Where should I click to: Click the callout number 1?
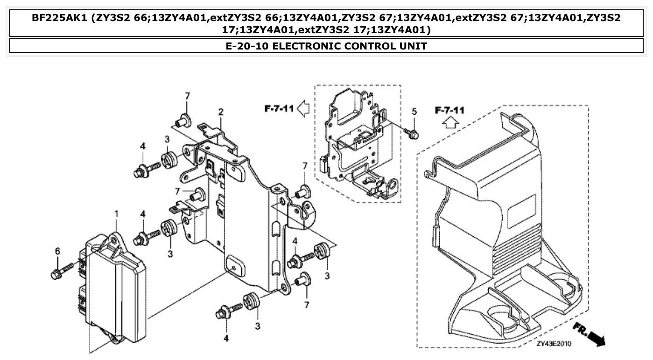[x=117, y=214]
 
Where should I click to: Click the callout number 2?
[x=221, y=112]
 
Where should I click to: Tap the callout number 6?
[x=57, y=251]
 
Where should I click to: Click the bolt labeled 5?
[x=414, y=133]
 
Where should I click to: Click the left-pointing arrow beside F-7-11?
[x=303, y=109]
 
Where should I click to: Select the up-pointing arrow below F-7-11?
[x=450, y=123]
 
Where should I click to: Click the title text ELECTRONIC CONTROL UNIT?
[x=326, y=46]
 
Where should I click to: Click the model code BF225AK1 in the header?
[x=60, y=18]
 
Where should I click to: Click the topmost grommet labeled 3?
[x=169, y=159]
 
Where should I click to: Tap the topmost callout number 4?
[x=143, y=146]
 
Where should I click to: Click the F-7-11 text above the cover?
[x=450, y=110]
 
